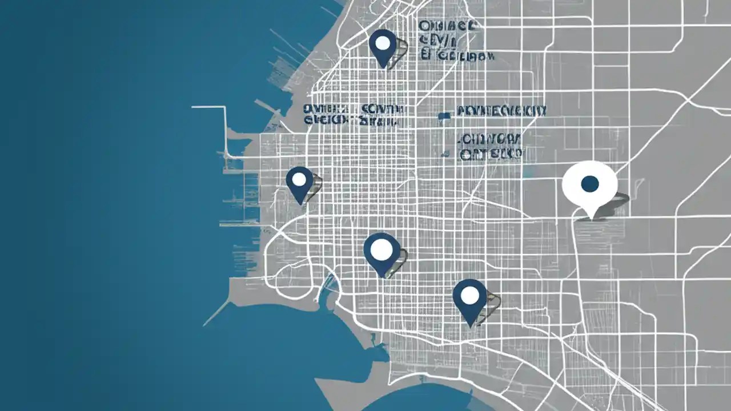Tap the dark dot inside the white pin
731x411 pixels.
click(589, 184)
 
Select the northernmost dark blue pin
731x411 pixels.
click(383, 47)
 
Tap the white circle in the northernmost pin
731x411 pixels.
click(383, 43)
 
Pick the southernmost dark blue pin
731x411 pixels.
click(469, 301)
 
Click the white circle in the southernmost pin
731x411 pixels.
click(469, 295)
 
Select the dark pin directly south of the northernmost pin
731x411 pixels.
click(381, 254)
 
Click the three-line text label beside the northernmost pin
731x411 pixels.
click(455, 41)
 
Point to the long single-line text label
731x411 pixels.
click(501, 111)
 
